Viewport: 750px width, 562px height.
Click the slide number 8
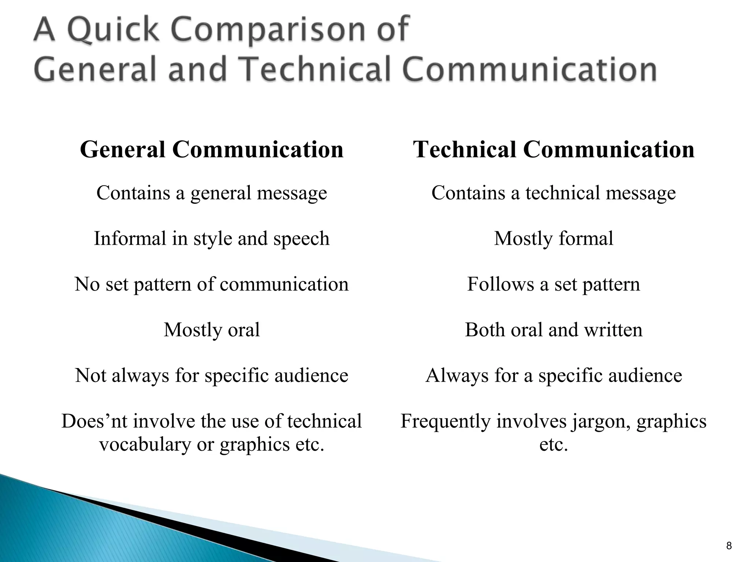pyautogui.click(x=729, y=546)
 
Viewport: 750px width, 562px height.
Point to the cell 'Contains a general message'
pyautogui.click(x=212, y=193)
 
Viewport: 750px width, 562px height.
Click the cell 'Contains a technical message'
pyautogui.click(x=553, y=193)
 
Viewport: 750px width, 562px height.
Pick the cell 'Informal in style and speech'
pyautogui.click(x=212, y=239)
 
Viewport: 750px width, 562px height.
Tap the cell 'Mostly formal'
pyautogui.click(x=553, y=239)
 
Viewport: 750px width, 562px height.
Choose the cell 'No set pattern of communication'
pyautogui.click(x=212, y=284)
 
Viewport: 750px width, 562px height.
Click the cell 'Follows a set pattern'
pyautogui.click(x=553, y=284)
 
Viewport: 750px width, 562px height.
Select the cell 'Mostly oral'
pyautogui.click(x=212, y=330)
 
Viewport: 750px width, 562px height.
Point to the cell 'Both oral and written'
pyautogui.click(x=553, y=330)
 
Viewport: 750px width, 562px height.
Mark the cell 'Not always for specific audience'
pyautogui.click(x=212, y=375)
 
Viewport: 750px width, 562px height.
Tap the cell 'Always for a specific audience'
pyautogui.click(x=553, y=375)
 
